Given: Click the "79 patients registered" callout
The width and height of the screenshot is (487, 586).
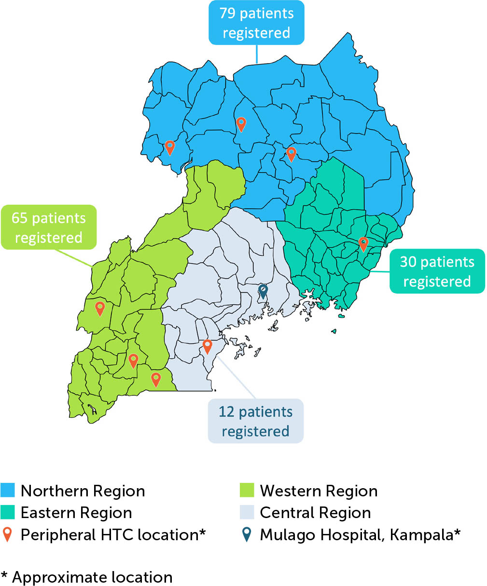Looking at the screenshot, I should (x=256, y=23).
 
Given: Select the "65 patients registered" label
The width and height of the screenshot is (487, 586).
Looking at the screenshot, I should (x=49, y=227).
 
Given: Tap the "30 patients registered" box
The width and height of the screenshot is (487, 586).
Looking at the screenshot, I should (x=437, y=271).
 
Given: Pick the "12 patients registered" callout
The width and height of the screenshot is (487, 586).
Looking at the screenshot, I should (x=255, y=421).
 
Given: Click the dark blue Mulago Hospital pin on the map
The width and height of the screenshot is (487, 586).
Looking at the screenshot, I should (x=263, y=291).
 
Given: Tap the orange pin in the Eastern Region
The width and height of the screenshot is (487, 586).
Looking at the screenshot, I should (x=363, y=244).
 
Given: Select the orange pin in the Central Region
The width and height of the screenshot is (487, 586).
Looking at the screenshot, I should (x=207, y=346).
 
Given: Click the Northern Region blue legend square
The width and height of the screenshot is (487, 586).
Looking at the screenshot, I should (x=8, y=491).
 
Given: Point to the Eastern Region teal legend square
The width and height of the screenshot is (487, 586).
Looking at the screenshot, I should (x=8, y=513).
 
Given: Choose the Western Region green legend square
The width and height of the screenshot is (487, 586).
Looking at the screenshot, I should (x=247, y=491).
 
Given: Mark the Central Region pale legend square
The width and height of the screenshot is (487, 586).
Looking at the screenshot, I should (x=247, y=513).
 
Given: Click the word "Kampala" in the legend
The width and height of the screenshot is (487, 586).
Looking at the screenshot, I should (x=423, y=535).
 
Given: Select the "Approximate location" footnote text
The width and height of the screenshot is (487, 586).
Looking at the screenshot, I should (x=92, y=577).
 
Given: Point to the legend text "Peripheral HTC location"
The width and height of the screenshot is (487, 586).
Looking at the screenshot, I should (x=109, y=535).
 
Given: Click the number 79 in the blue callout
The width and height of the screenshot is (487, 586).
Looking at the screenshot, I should (x=227, y=13).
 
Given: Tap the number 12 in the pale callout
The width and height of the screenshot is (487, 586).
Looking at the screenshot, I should (x=226, y=412).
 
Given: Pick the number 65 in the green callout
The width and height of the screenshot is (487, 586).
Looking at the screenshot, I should (x=19, y=218).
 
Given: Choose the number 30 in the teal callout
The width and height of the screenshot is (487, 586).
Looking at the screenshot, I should (x=408, y=262).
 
